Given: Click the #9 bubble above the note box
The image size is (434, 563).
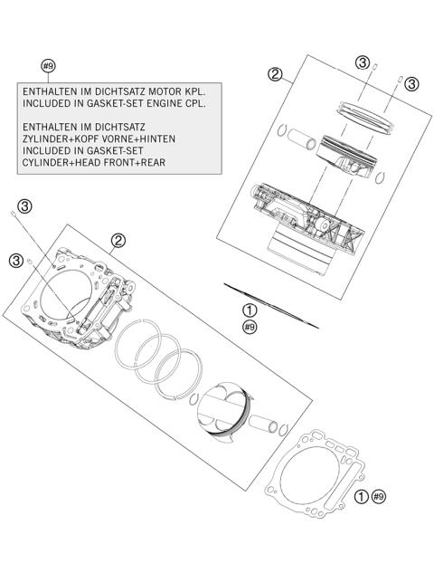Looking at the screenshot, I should (49, 65).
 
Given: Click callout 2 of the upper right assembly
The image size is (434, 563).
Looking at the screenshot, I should (277, 74).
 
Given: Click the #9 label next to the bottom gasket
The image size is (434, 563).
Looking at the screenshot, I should (379, 496).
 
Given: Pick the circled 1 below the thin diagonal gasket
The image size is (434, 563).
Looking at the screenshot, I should (250, 310).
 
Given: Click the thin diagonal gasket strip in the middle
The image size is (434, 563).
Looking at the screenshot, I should (271, 304).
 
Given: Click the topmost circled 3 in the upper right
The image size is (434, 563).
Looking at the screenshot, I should (363, 62).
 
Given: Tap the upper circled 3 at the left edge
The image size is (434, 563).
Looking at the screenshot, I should (25, 207).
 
